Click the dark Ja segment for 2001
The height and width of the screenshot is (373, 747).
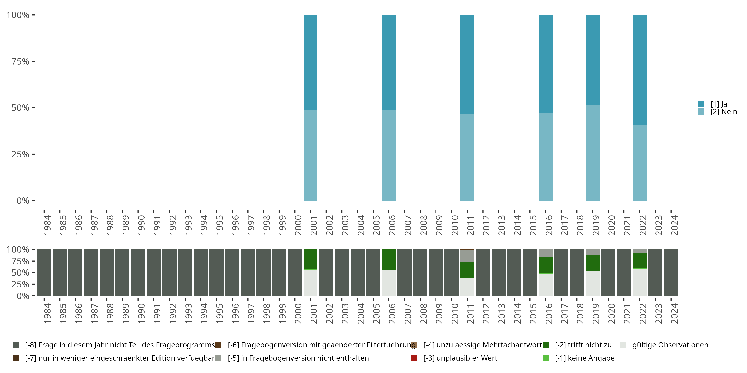pyautogui.click(x=310, y=62)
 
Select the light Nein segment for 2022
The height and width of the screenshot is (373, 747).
pyautogui.click(x=639, y=163)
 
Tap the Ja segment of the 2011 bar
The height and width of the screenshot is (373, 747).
pyautogui.click(x=467, y=64)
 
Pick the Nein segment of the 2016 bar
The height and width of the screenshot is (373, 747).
pyautogui.click(x=546, y=156)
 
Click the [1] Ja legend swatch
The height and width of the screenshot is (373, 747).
pyautogui.click(x=701, y=104)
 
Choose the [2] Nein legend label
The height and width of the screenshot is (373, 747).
pyautogui.click(x=724, y=112)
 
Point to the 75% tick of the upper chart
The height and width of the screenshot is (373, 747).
pyautogui.click(x=33, y=61)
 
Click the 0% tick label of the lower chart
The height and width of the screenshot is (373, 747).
pyautogui.click(x=23, y=296)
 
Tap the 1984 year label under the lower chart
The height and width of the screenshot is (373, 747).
pyautogui.click(x=47, y=313)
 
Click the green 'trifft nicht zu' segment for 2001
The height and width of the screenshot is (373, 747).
pyautogui.click(x=310, y=259)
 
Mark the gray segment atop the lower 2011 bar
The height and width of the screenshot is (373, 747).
pyautogui.click(x=467, y=256)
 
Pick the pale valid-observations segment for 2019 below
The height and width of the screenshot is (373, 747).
pyautogui.click(x=592, y=283)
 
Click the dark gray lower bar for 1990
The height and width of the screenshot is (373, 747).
pyautogui.click(x=138, y=273)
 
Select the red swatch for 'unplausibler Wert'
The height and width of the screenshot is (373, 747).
pyautogui.click(x=414, y=358)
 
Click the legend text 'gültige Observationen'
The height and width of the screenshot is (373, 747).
pyautogui.click(x=670, y=345)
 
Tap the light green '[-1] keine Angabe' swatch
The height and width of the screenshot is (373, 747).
pyautogui.click(x=546, y=358)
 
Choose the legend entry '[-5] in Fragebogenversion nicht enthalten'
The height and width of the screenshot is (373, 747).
pyautogui.click(x=298, y=358)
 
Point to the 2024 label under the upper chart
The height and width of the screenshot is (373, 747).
pyautogui.click(x=674, y=225)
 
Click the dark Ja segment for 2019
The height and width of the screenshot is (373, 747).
pyautogui.click(x=592, y=60)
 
